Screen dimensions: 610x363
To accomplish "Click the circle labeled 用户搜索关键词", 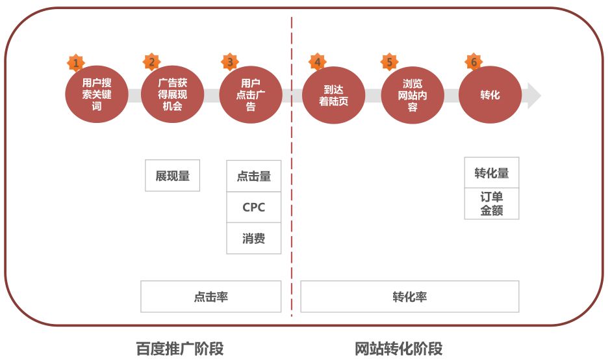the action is click(97, 94).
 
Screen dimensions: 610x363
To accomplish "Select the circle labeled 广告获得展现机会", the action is click(172, 94).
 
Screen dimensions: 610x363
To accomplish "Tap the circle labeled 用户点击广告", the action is click(251, 94).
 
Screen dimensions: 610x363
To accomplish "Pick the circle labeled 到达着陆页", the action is click(333, 95).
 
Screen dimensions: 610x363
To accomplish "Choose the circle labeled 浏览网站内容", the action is click(413, 95).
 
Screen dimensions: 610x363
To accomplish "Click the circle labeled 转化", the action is click(490, 94).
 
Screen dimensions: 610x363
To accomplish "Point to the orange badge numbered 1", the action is click(76, 62).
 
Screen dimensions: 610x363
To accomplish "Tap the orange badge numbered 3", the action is click(230, 62).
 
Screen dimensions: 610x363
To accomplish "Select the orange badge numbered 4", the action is click(318, 62).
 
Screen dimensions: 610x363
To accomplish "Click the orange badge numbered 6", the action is click(474, 62).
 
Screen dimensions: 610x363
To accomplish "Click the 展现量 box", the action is click(172, 175).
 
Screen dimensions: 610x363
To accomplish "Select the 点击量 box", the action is click(253, 176).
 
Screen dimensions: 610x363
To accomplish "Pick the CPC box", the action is click(253, 208).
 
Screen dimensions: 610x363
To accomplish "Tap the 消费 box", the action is click(253, 238).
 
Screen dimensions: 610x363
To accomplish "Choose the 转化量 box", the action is click(492, 172).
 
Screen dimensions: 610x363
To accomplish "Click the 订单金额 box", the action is click(492, 204).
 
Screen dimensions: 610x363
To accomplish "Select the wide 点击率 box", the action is click(211, 297).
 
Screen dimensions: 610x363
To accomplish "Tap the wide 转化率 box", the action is click(410, 297).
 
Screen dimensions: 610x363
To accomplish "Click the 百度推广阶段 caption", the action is click(180, 349).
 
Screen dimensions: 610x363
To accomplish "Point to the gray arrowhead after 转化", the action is click(534, 95).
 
